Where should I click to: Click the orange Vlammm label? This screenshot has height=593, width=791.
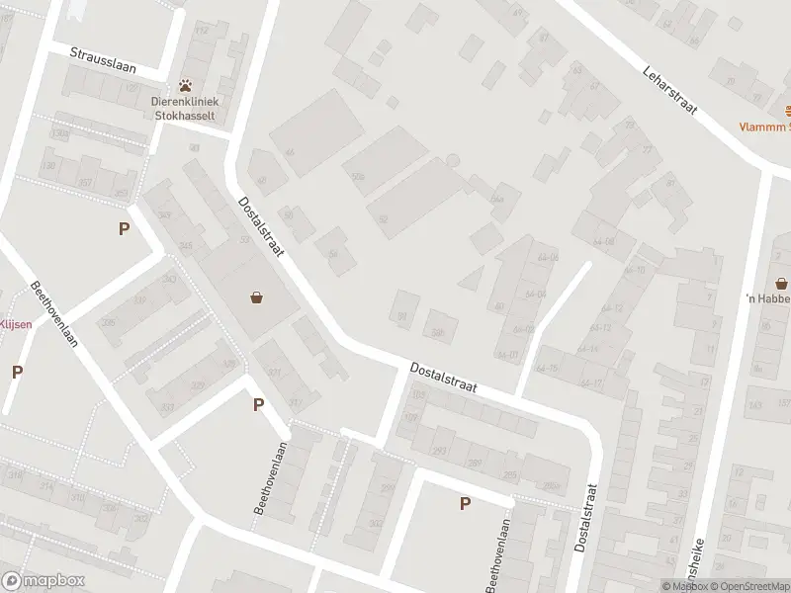coord(766,127)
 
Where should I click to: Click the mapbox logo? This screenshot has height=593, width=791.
coord(44,581)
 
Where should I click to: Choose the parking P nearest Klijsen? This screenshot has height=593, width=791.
coord(17,372)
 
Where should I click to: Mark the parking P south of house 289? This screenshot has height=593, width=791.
coord(464,503)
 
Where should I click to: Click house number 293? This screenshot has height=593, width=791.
coord(439,451)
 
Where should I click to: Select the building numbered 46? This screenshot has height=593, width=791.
coord(290,152)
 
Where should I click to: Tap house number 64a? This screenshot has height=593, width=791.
coord(497,199)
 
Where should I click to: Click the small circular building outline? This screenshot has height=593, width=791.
coord(453,160)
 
